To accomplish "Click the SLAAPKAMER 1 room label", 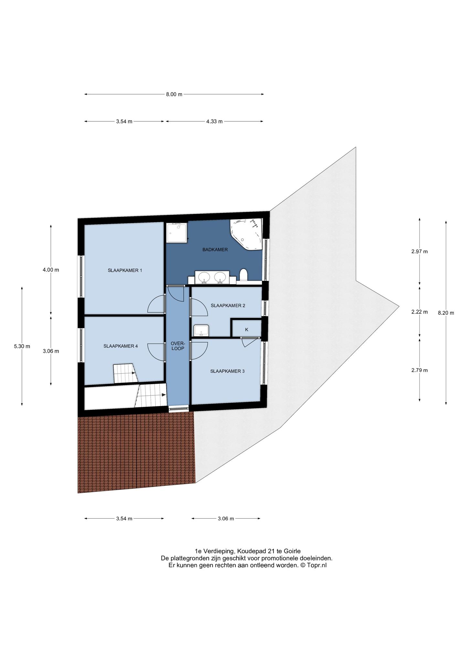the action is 125,270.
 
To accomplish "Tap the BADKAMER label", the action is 215,249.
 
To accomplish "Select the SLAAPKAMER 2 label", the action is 228,305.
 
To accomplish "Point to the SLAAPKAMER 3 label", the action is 227,371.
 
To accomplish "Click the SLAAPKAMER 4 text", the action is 121,346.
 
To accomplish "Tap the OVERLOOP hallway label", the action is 178,346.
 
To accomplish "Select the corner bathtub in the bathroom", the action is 246,234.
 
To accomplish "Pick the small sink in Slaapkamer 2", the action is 201,330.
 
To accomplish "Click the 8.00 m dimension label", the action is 174,94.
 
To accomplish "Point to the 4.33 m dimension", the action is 214,121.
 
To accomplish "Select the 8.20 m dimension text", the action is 446,313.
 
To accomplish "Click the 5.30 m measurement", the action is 22,346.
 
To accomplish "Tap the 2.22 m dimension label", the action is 420,312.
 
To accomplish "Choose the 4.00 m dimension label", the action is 51,270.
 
